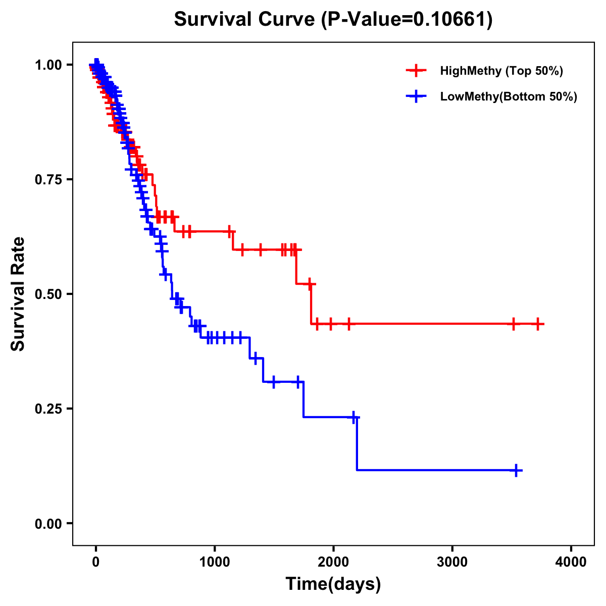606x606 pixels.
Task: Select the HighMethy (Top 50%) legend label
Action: click(501, 71)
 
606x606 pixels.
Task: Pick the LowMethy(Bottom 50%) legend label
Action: click(509, 96)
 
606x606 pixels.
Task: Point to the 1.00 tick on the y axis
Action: click(48, 65)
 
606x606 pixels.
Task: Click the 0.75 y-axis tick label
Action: click(48, 179)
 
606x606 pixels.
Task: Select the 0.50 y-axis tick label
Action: click(48, 294)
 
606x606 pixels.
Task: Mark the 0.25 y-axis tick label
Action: click(48, 409)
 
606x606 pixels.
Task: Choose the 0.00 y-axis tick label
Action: click(48, 523)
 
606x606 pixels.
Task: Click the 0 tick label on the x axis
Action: click(96, 562)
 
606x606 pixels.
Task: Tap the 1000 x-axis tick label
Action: click(215, 562)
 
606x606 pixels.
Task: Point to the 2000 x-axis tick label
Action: click(333, 562)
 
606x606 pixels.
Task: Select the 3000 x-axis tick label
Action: click(452, 562)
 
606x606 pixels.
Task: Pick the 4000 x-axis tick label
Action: click(571, 562)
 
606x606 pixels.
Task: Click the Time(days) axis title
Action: click(333, 584)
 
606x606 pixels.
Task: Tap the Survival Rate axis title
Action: click(18, 294)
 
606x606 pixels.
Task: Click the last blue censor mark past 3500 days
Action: click(516, 470)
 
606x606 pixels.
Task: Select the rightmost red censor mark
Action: click(538, 324)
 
